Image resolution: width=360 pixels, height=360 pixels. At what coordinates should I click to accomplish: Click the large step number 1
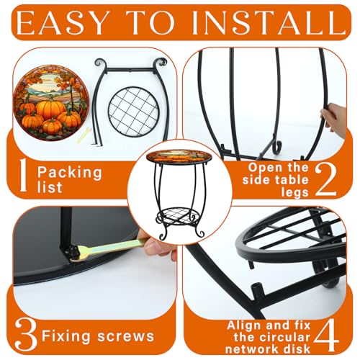click(x=22, y=175)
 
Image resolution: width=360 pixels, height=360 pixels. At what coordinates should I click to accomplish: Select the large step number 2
click(x=325, y=179)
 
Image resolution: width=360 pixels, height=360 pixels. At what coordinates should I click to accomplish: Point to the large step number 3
click(x=26, y=334)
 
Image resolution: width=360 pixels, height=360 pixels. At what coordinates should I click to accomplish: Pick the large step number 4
click(x=326, y=336)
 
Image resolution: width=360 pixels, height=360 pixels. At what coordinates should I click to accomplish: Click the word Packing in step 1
click(x=70, y=173)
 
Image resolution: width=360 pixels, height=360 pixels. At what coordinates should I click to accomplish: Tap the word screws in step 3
click(x=126, y=336)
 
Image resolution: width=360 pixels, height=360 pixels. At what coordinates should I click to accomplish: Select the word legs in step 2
click(x=295, y=192)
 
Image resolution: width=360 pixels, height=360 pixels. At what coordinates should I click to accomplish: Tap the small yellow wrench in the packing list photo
click(x=84, y=136)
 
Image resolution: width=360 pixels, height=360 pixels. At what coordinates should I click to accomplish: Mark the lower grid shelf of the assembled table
click(x=179, y=216)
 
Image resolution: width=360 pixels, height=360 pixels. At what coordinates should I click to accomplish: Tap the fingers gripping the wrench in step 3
click(x=156, y=243)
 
